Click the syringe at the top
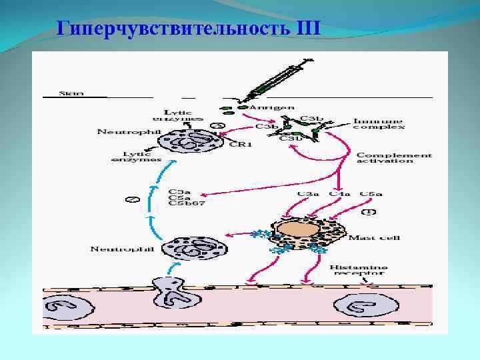click(273, 84)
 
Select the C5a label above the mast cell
click(371, 194)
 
